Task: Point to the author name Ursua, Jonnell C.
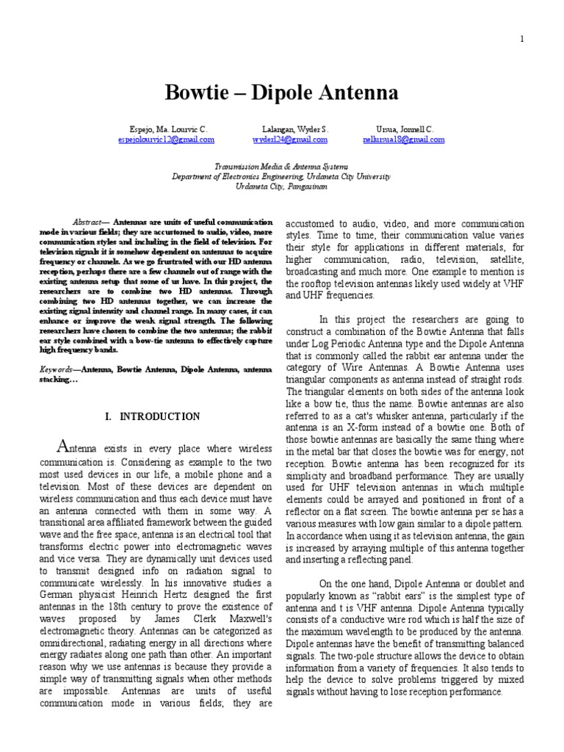coord(403,129)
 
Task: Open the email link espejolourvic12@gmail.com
coord(166,139)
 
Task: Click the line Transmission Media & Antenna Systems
coord(282,167)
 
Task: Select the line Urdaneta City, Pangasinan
coord(282,187)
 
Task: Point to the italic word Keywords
coord(56,371)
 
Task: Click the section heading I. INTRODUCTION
coord(153,416)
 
